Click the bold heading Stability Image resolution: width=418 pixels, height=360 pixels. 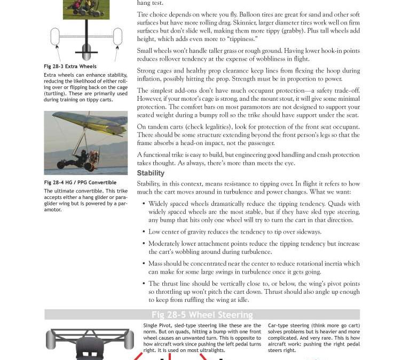click(x=151, y=173)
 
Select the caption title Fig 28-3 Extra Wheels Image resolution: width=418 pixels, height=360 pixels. click(x=70, y=67)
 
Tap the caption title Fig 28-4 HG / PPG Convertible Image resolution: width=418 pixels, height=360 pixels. click(x=80, y=182)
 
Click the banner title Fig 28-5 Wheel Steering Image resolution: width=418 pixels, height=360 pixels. click(x=202, y=315)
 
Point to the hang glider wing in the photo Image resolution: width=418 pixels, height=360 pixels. click(x=88, y=122)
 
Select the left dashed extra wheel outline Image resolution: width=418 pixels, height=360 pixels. click(x=54, y=37)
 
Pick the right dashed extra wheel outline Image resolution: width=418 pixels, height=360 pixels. click(x=117, y=37)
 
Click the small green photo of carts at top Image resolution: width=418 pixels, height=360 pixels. click(x=86, y=9)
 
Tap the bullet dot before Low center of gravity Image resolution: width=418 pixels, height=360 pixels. click(x=144, y=232)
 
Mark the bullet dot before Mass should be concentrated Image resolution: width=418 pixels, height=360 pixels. click(x=144, y=263)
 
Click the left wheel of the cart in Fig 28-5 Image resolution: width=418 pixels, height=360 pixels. click(x=51, y=339)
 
